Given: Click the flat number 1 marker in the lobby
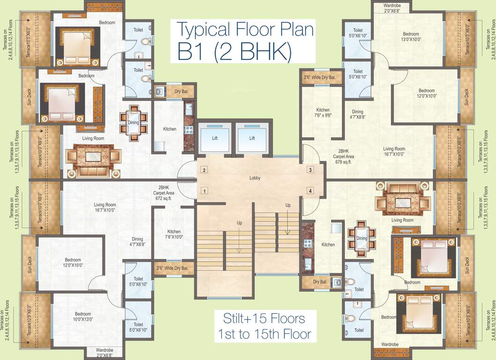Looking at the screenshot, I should coord(204,191).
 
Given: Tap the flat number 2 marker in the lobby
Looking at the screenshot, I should coord(204,170).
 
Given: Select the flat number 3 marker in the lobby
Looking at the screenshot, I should coord(310,170).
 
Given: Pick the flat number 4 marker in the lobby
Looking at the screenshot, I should coord(310,191).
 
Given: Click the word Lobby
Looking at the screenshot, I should coord(255,178).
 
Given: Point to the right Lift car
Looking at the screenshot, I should coord(252,138).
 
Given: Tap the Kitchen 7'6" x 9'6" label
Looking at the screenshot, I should coord(323,112).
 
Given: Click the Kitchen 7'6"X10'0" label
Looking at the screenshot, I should coord(174,234).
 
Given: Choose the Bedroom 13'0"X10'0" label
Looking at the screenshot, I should coord(411,37).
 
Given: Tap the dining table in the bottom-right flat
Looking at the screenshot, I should coord(362,238).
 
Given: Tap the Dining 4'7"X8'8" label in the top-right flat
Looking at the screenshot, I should coord(358,115).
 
